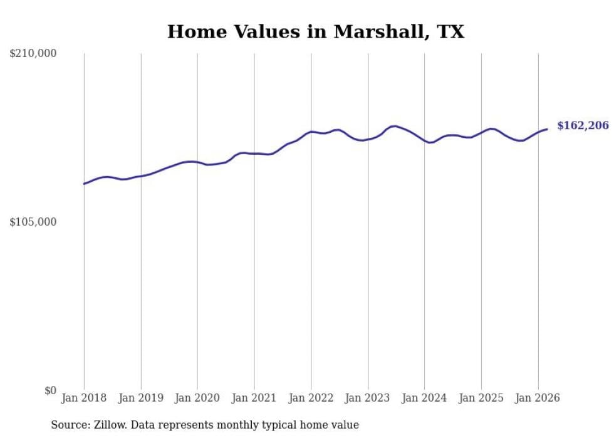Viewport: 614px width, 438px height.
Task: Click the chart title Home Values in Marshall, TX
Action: click(x=316, y=32)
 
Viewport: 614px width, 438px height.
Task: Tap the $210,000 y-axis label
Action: click(x=33, y=54)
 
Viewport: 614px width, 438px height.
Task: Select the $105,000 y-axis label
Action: click(x=33, y=222)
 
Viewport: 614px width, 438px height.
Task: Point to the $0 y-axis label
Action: click(x=50, y=390)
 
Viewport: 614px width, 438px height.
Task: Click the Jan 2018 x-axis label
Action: click(x=84, y=398)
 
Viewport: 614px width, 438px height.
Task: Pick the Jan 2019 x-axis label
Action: click(x=141, y=398)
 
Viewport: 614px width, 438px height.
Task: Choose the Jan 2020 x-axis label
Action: click(x=197, y=398)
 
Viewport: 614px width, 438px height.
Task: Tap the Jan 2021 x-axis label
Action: click(x=254, y=398)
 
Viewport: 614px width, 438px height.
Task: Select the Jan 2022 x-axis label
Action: click(x=311, y=398)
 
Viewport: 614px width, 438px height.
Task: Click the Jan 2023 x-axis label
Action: click(x=368, y=398)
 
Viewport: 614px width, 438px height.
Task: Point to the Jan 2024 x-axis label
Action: click(x=424, y=398)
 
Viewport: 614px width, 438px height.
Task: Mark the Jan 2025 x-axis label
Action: click(x=481, y=398)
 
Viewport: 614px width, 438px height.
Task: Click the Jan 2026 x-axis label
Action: click(x=538, y=398)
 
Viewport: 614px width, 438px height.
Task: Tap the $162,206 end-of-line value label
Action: click(x=583, y=126)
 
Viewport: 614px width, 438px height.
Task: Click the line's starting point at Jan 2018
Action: click(x=84, y=184)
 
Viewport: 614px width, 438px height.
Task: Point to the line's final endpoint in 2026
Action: click(x=547, y=129)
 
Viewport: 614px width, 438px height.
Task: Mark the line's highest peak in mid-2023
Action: click(x=394, y=126)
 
